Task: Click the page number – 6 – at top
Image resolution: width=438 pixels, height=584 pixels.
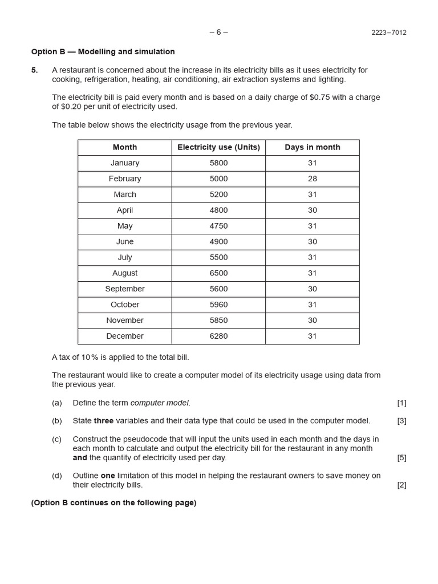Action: pos(218,32)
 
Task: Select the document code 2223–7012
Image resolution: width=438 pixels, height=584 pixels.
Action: pos(389,33)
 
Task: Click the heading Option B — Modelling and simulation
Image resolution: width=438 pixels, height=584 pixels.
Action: pos(103,52)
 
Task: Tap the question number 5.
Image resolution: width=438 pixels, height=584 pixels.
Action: pos(35,70)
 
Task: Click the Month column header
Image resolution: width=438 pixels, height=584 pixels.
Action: pos(125,147)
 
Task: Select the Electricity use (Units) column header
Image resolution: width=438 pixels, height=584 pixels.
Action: pos(218,147)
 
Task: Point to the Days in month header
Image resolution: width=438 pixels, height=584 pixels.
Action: pos(312,147)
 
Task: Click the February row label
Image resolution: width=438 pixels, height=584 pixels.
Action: pos(125,179)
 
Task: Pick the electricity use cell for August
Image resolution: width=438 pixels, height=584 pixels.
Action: pos(218,273)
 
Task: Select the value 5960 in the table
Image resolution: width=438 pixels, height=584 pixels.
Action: pos(218,305)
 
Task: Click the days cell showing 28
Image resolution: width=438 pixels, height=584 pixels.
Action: pos(312,179)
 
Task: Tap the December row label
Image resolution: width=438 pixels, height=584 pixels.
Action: pos(125,336)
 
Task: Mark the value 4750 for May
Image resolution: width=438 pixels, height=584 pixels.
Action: pos(218,226)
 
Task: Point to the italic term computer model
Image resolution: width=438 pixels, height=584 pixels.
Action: pos(160,403)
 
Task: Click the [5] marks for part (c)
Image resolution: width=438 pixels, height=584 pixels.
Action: pos(401,457)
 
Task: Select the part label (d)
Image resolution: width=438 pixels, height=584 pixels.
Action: pos(57,476)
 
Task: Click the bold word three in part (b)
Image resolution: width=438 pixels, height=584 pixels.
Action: pos(104,421)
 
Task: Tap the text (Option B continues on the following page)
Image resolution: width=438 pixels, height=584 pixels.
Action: pos(114,503)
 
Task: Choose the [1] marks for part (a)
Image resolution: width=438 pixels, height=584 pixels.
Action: pos(401,403)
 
